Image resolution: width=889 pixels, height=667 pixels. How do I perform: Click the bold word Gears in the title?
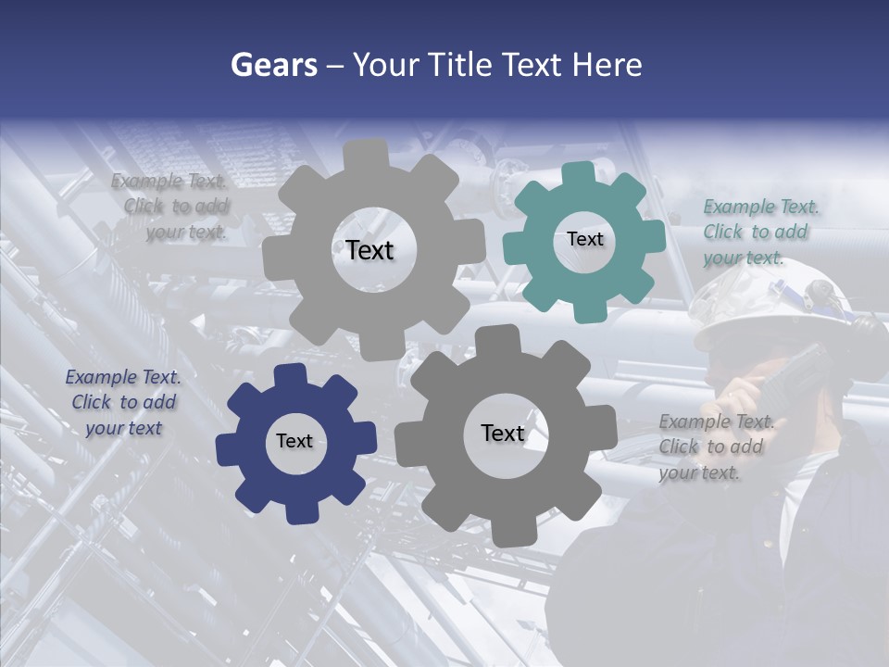[x=273, y=65]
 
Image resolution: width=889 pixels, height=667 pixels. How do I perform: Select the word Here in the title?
[x=607, y=65]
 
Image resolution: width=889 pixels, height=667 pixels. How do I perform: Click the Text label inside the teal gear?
[x=584, y=239]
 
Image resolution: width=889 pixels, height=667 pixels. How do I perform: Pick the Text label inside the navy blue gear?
[x=294, y=441]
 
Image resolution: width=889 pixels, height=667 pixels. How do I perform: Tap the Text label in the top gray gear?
[x=369, y=250]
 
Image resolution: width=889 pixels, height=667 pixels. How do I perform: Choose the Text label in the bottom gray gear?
[x=503, y=433]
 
